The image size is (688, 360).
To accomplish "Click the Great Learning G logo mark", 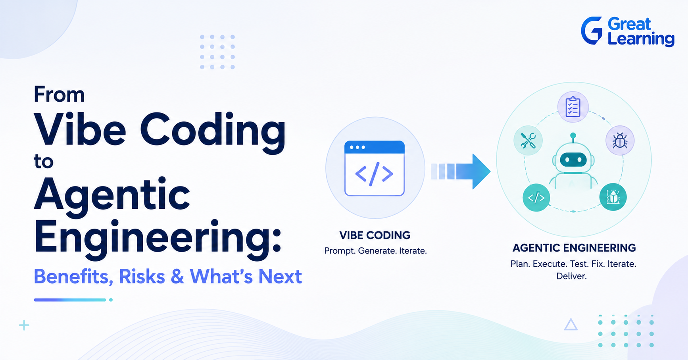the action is (592, 31).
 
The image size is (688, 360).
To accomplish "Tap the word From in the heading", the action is (59, 94).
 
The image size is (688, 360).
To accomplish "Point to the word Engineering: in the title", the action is (158, 237).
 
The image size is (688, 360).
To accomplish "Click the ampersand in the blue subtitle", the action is (177, 277).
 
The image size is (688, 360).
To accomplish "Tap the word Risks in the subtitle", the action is (142, 277).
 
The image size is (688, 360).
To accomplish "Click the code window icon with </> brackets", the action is (375, 168).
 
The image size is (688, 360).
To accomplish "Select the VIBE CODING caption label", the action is (375, 235).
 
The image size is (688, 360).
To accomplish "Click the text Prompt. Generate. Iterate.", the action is (375, 251).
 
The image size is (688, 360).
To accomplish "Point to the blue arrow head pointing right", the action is (480, 171).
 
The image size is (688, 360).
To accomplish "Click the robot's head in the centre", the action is (573, 158).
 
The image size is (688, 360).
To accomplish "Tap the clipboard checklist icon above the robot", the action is (573, 107).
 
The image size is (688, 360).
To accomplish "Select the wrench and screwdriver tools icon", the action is (528, 141).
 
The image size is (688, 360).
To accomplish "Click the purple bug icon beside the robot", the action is (620, 141).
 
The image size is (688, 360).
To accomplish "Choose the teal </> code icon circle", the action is (536, 197).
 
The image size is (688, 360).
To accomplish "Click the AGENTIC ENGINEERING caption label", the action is (574, 248).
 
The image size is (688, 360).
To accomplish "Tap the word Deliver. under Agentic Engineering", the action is (571, 276).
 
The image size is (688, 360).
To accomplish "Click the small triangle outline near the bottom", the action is (571, 325).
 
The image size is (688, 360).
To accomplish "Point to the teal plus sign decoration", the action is (24, 325).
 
